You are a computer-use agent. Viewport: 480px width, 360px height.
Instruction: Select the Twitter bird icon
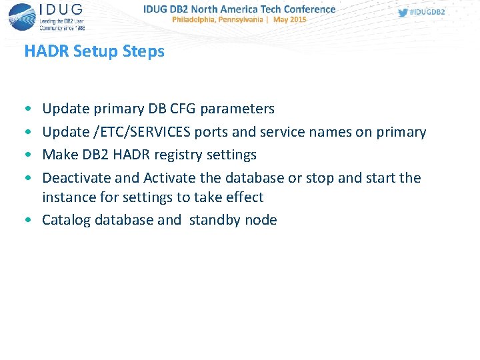(403, 13)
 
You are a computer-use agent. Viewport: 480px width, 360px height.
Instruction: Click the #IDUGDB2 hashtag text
(427, 13)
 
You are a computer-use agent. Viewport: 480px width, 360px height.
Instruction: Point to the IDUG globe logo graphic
(22, 16)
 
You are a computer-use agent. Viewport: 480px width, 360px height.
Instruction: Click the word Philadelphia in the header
(195, 20)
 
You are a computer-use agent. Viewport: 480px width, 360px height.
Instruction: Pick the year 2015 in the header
(297, 20)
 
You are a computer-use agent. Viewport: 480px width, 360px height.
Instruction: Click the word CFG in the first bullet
(183, 109)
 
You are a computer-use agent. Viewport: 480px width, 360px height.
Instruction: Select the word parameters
(237, 109)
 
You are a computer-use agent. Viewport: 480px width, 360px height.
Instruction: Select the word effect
(244, 197)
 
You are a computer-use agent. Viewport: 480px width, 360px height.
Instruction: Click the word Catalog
(66, 220)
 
